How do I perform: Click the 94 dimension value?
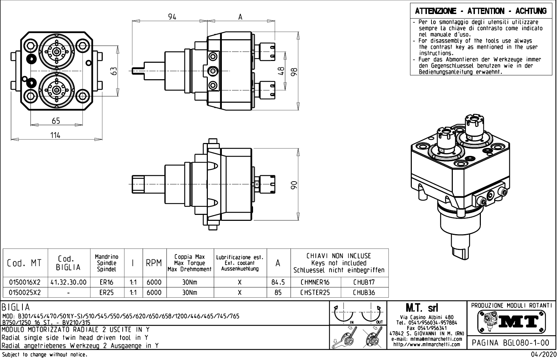point(172,17)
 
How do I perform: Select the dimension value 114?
point(55,135)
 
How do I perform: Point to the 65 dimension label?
point(56,121)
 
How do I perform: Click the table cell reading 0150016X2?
point(25,282)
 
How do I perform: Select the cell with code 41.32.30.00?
point(69,282)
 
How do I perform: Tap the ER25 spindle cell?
point(107,292)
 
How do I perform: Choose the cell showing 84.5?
point(278,282)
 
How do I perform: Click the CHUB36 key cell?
point(364,292)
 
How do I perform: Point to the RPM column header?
point(154,263)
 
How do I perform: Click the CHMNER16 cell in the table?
point(315,282)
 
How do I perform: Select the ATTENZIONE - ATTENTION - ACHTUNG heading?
point(480,11)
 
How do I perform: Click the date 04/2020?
point(543,355)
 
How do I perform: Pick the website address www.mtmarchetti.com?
point(427,344)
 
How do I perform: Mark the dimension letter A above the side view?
point(240,17)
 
